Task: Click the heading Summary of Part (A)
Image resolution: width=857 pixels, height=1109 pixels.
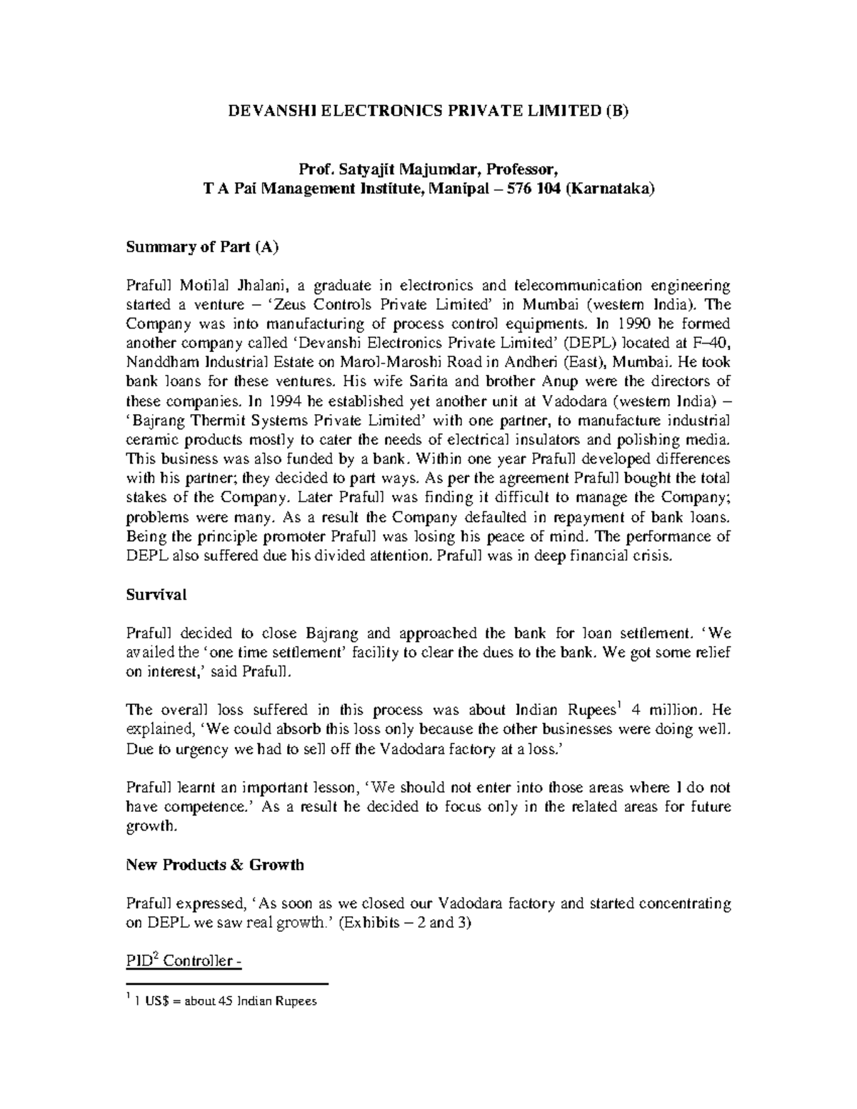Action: [x=201, y=247]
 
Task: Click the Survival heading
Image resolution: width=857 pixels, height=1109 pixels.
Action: [x=156, y=594]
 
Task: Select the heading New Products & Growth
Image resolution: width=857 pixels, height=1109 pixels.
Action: [x=215, y=865]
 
